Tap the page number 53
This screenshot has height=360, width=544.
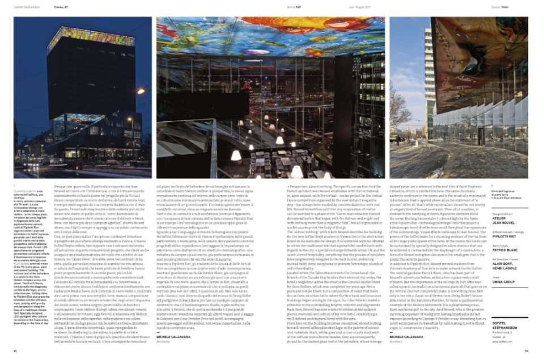click(x=526, y=351)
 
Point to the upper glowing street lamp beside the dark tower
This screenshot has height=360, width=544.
click(x=140, y=91)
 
